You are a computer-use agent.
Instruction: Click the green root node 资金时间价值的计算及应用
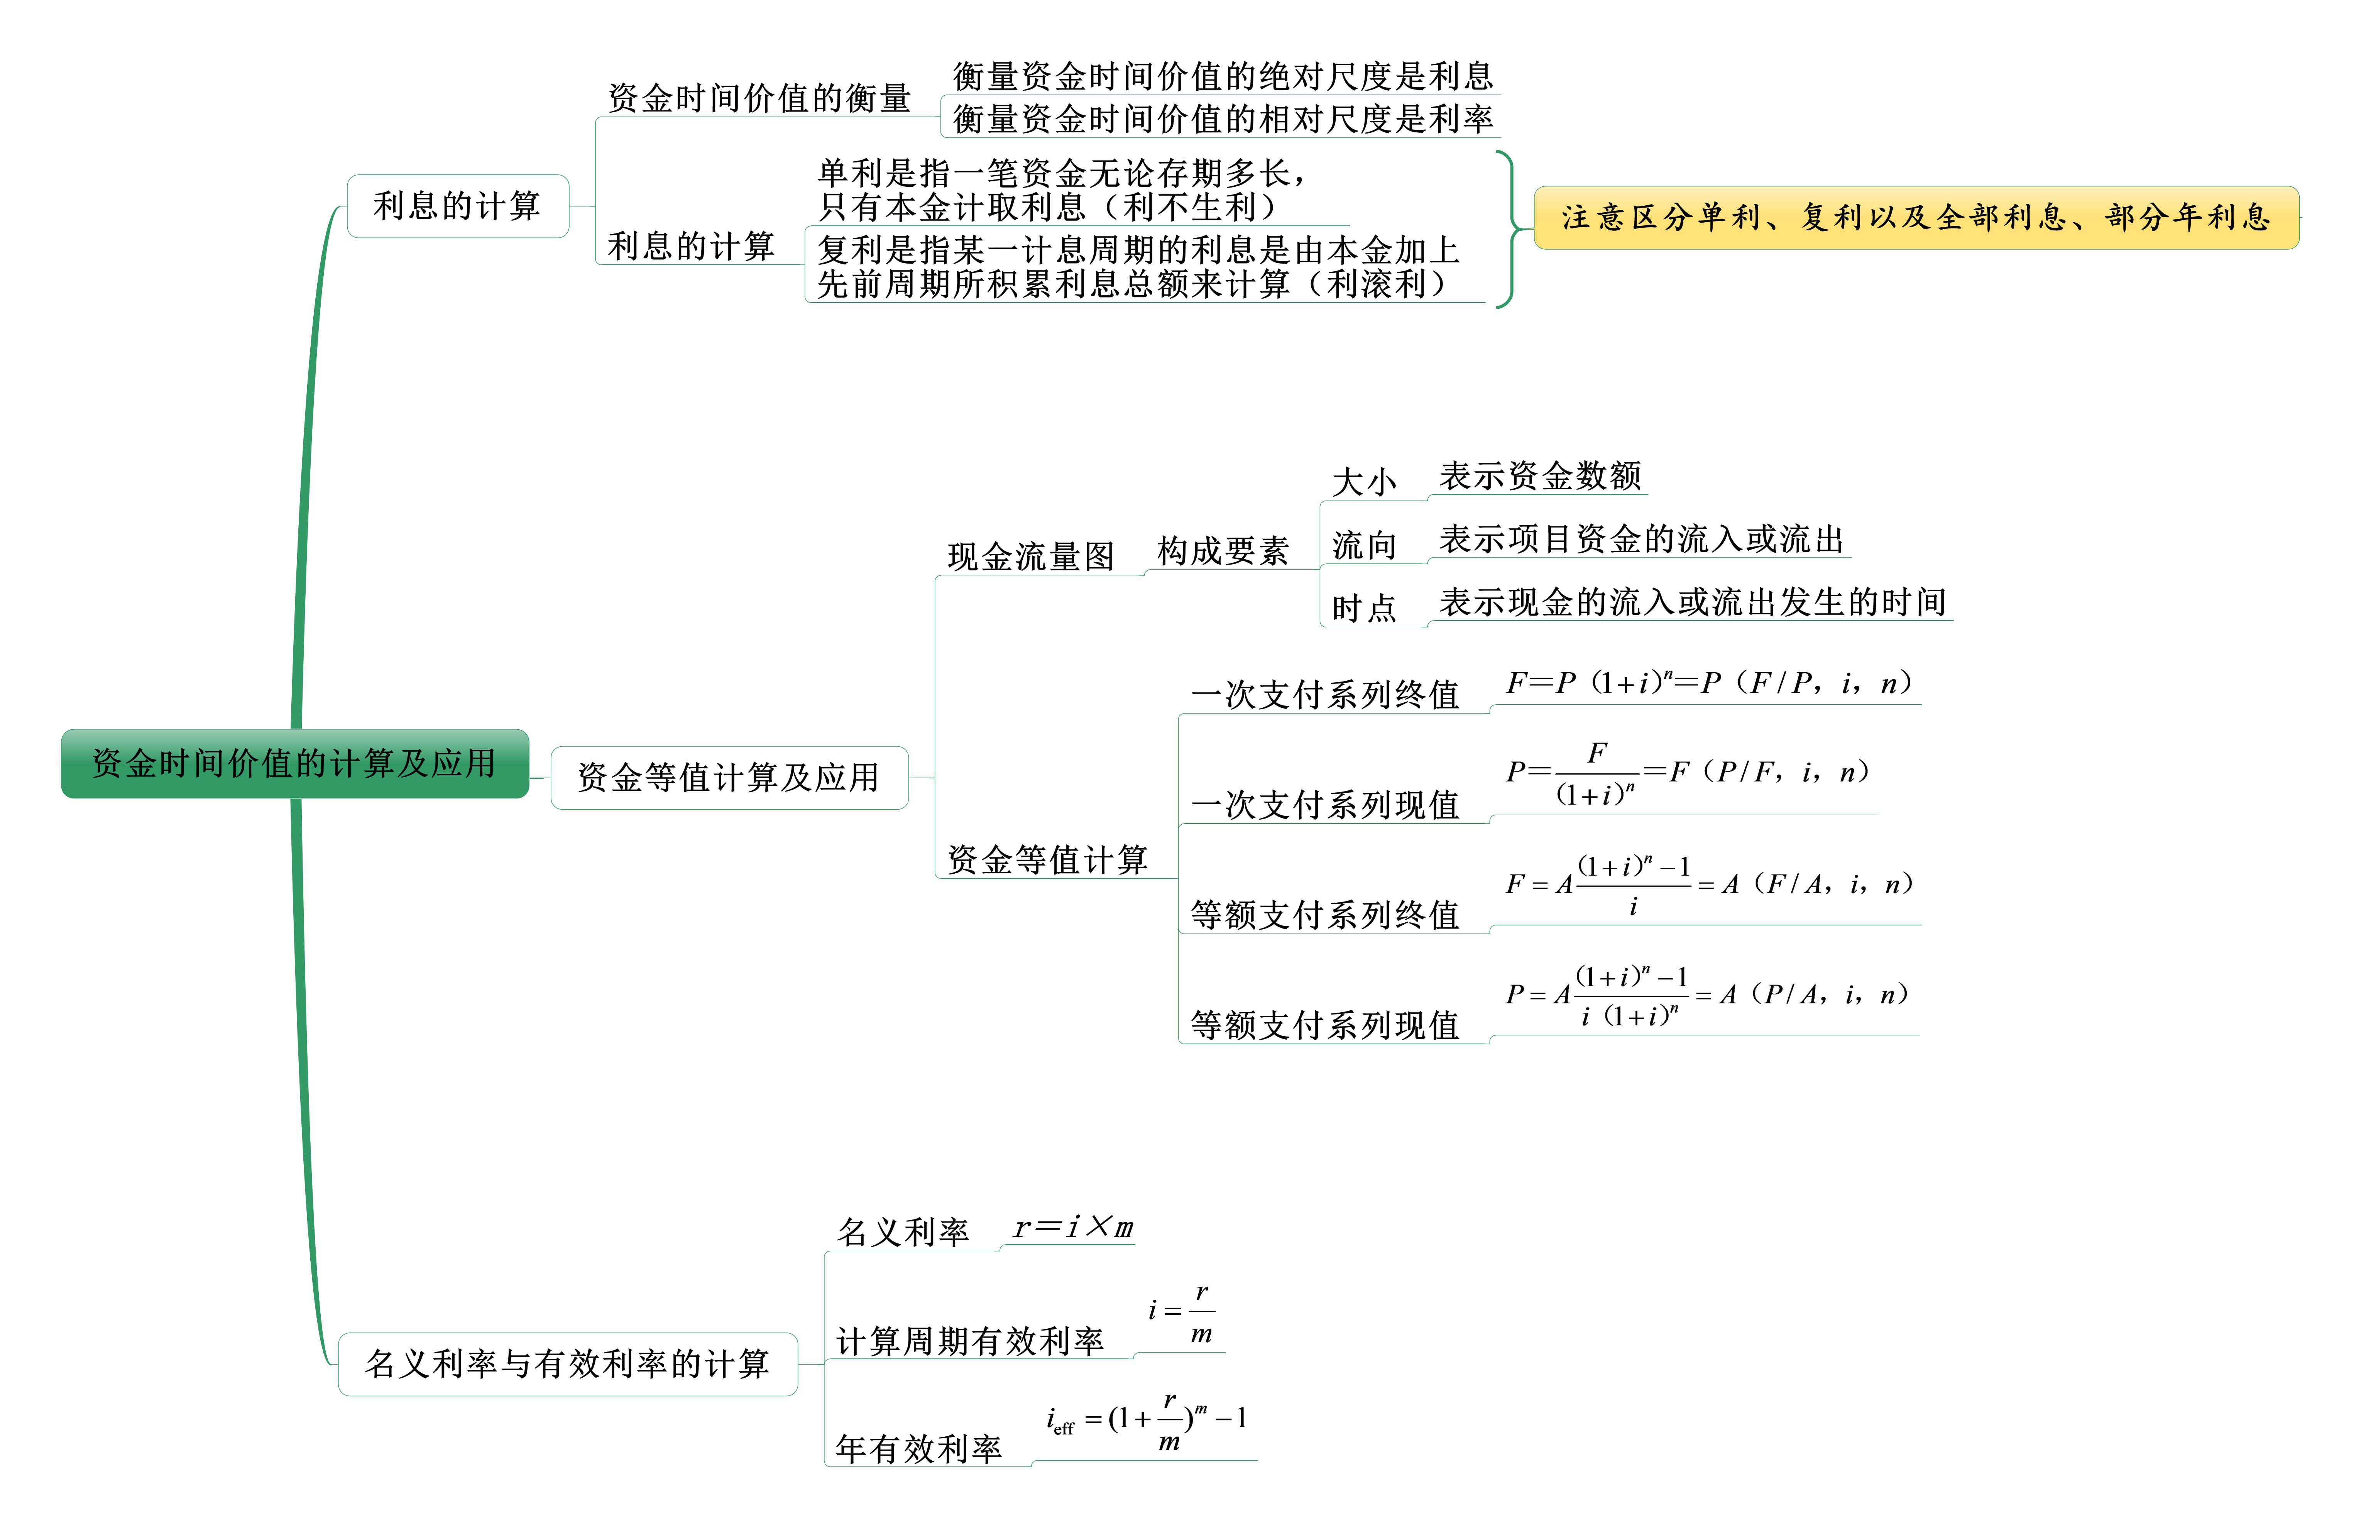click(x=294, y=763)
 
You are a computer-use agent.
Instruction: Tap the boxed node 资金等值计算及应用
click(x=729, y=778)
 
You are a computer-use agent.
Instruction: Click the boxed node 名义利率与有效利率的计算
click(x=567, y=1364)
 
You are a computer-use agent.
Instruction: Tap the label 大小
click(x=1364, y=482)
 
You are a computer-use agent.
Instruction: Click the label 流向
click(x=1364, y=545)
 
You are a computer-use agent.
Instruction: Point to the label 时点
click(x=1364, y=607)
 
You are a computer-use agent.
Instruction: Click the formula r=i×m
click(x=1072, y=1228)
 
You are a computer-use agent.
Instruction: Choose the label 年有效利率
click(x=918, y=1449)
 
